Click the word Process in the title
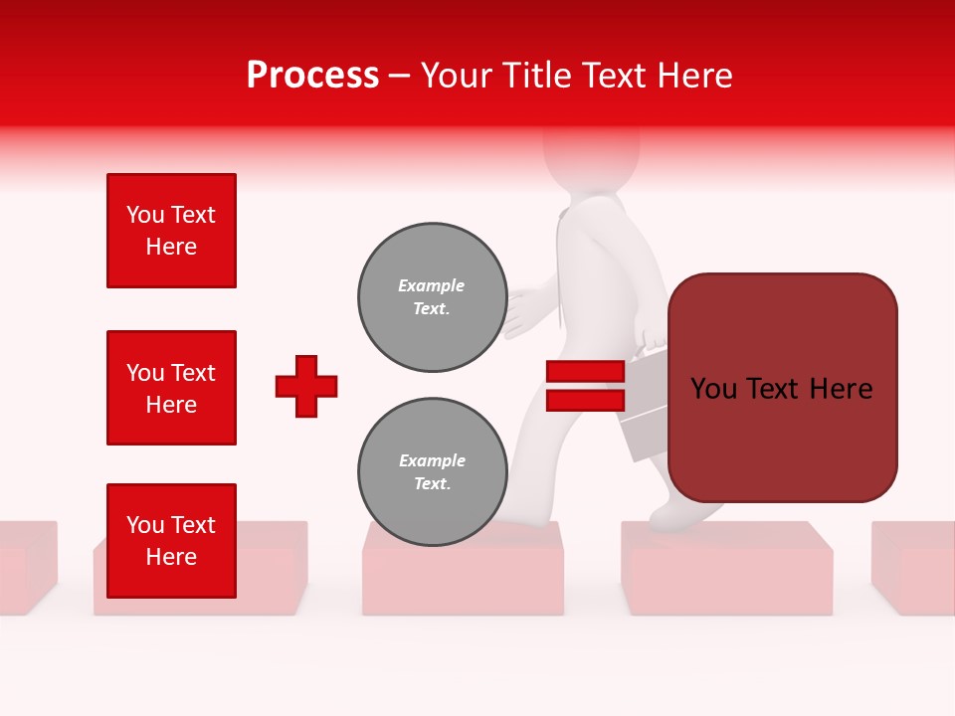point(312,76)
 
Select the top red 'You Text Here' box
point(171,231)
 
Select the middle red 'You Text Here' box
point(171,388)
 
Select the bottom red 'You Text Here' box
point(171,541)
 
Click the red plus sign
point(306,386)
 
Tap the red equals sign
point(585,386)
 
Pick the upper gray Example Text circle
point(432,297)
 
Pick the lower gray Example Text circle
point(432,472)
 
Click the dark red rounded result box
point(782,388)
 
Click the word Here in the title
point(692,76)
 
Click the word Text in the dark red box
point(782,389)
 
